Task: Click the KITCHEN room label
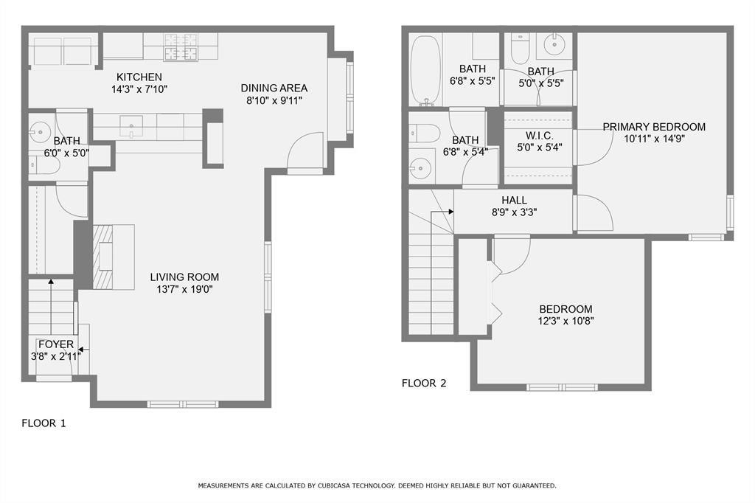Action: point(139,77)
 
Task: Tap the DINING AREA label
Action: point(274,88)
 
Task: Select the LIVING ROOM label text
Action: point(184,277)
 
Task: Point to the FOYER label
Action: point(56,344)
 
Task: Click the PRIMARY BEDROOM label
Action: point(653,127)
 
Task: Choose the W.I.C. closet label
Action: point(539,136)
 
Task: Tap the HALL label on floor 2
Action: point(514,200)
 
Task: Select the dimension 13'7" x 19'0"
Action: point(184,290)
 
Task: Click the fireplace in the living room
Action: point(103,257)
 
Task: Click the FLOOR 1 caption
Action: point(44,423)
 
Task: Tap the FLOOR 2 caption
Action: point(424,383)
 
